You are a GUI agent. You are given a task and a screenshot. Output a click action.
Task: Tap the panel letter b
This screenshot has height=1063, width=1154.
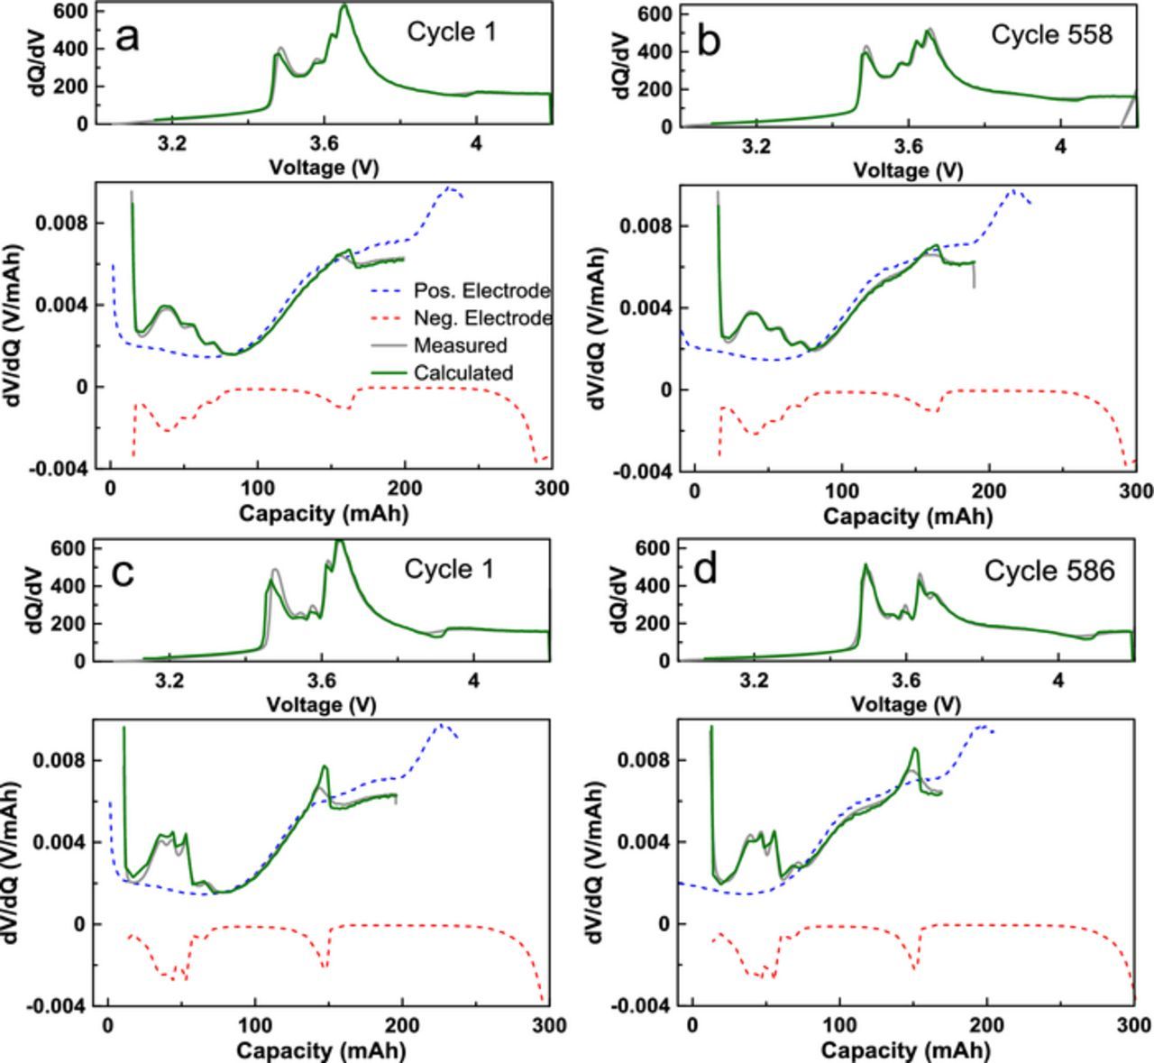(710, 41)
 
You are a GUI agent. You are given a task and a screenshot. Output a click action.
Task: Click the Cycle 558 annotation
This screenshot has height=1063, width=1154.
(1051, 34)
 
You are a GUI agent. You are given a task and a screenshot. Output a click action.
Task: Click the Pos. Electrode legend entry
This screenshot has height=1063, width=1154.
(482, 291)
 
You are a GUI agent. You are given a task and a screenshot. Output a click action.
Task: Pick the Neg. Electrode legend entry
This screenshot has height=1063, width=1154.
(482, 318)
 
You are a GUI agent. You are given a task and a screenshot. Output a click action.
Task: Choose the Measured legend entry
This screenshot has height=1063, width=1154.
(460, 345)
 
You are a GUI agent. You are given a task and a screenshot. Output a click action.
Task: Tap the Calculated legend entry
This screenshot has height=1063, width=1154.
(463, 372)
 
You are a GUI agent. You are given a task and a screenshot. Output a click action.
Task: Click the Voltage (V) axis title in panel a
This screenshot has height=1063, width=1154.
(325, 168)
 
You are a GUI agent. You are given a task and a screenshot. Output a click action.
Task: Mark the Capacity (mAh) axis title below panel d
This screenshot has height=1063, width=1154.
(906, 1050)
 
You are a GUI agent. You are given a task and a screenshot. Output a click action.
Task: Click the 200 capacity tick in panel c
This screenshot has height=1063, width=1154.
(401, 1026)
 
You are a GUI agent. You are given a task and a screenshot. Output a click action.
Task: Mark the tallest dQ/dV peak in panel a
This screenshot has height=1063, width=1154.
(343, 7)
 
